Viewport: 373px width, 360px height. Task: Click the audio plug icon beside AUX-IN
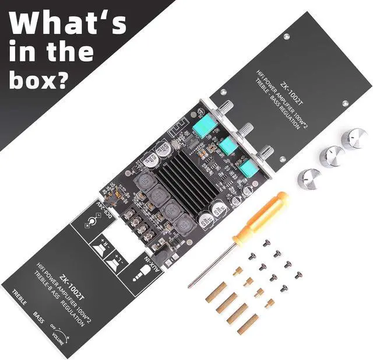tap(140, 274)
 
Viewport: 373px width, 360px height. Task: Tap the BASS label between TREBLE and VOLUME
tap(38, 319)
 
